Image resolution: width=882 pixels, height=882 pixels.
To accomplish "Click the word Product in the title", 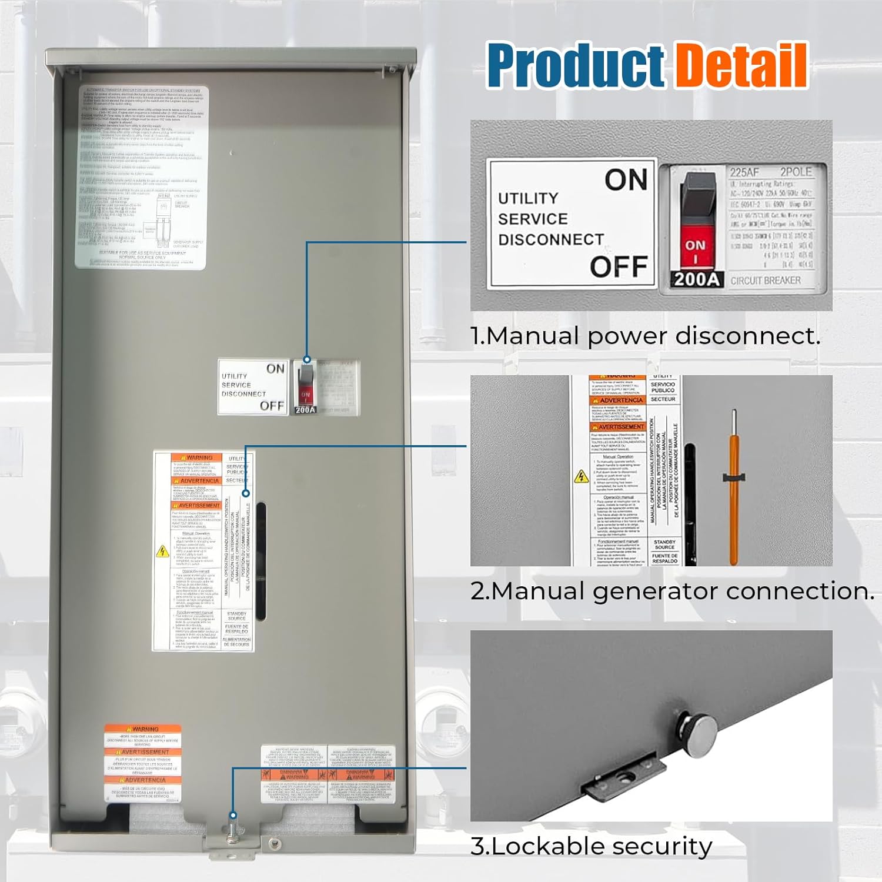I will (x=575, y=66).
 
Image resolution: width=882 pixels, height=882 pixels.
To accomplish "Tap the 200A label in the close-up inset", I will (x=696, y=279).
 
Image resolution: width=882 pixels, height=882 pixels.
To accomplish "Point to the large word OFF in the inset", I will (x=619, y=267).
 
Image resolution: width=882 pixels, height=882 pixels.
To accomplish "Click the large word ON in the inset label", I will (x=626, y=180).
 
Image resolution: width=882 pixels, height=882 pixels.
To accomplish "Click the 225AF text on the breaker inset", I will (x=744, y=172).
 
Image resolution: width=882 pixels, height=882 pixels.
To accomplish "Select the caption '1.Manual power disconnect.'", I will (x=645, y=336).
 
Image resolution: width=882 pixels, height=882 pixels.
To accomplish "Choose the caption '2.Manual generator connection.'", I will (x=672, y=591).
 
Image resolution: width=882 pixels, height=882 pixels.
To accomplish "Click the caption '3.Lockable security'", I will (x=591, y=847).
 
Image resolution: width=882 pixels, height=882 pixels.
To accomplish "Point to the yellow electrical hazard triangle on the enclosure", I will (x=162, y=552).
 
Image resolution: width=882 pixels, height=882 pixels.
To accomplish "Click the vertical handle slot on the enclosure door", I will (x=261, y=562).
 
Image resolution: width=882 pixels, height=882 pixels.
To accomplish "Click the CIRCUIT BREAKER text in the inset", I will (x=765, y=281).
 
